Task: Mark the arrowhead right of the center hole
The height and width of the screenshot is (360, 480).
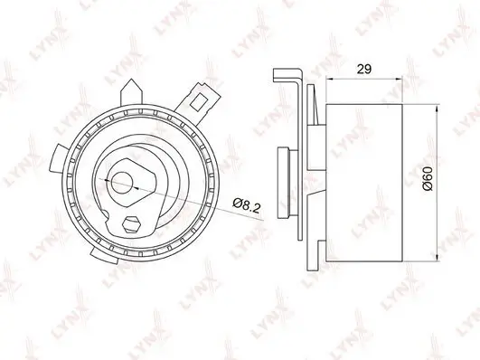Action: click(x=136, y=178)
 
